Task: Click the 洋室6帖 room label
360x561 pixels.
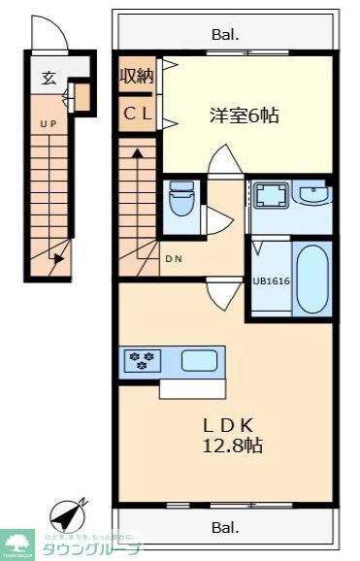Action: pos(245,115)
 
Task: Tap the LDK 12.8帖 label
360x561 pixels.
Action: pos(231,435)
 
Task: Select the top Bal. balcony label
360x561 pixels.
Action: pos(224,36)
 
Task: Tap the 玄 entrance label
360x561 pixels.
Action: pos(47,79)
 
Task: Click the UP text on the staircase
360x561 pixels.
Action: pos(46,123)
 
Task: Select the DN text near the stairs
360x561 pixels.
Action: pos(173,258)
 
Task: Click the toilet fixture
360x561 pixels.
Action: pos(180,202)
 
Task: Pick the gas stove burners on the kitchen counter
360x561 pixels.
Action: pos(142,362)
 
